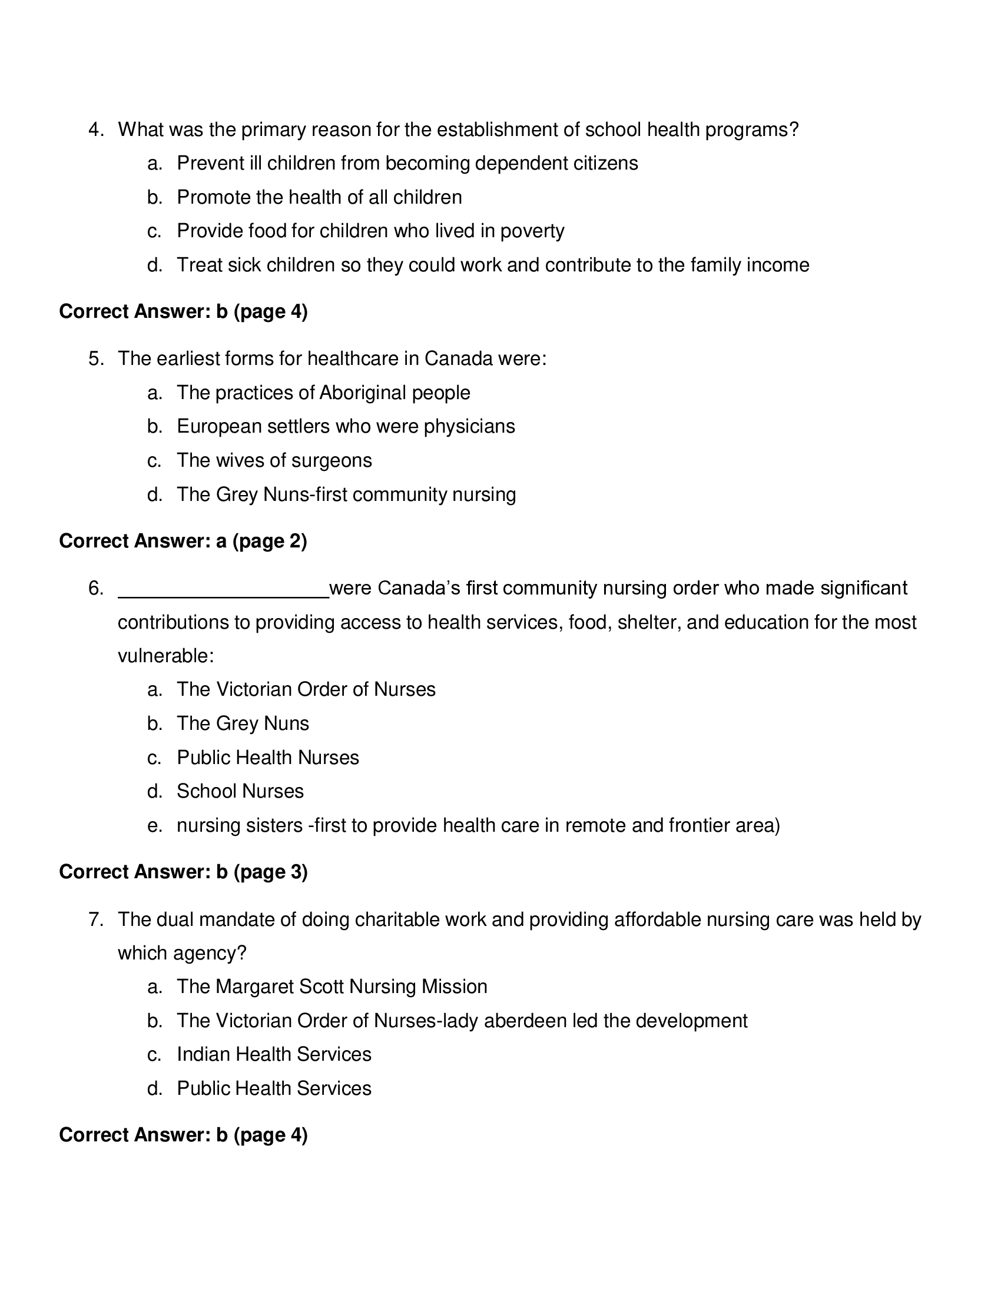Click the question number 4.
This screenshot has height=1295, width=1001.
[96, 129]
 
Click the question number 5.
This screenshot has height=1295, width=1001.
[96, 358]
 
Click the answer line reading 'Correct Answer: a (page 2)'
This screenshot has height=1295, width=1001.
[183, 541]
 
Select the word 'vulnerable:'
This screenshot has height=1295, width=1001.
[165, 656]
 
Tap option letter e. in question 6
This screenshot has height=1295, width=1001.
[154, 825]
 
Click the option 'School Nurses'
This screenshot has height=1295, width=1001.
[240, 791]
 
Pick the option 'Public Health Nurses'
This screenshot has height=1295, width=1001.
[267, 757]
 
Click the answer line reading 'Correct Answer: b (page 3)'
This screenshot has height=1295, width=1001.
[183, 872]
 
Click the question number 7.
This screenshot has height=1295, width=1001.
[96, 919]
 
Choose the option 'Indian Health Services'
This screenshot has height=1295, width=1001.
[274, 1054]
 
